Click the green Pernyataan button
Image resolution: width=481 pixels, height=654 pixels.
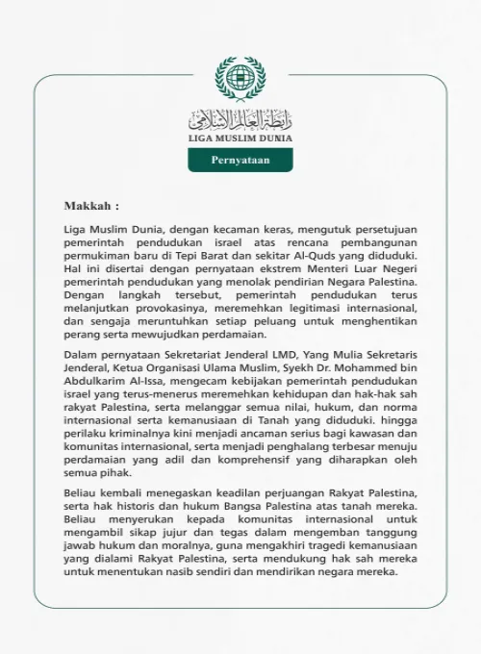(x=240, y=160)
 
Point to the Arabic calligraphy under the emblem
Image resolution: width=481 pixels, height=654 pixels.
(x=240, y=119)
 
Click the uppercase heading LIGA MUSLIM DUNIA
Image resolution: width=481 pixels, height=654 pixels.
(x=240, y=138)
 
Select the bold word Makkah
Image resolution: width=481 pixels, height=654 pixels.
(x=89, y=206)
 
